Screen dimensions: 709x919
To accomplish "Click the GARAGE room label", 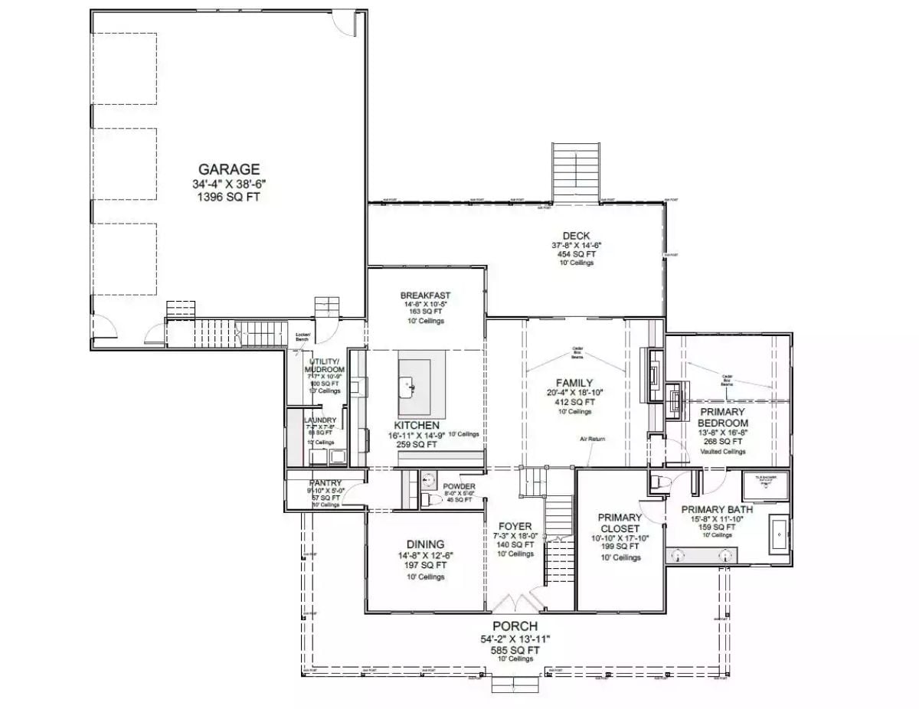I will tap(229, 169).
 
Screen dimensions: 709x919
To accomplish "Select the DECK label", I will tap(575, 236).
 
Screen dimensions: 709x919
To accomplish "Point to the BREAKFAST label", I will tap(425, 296).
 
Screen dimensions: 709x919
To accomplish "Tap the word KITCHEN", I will tap(417, 426).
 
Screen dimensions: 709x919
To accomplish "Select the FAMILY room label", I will tap(574, 382).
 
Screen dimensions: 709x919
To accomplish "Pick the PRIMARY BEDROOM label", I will tap(723, 417).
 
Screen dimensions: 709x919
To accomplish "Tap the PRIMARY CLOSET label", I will tap(620, 523).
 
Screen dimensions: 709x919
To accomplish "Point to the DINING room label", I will tap(425, 544).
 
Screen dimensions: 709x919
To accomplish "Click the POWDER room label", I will tap(459, 487).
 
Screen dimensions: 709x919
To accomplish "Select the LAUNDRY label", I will tap(320, 420).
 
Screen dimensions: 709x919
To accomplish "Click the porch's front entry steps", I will tap(505, 684).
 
